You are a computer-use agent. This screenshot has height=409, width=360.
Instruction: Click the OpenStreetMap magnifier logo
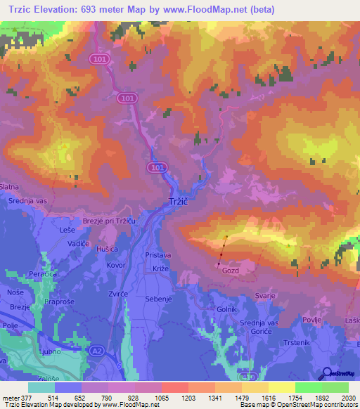pyautogui.click(x=326, y=373)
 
